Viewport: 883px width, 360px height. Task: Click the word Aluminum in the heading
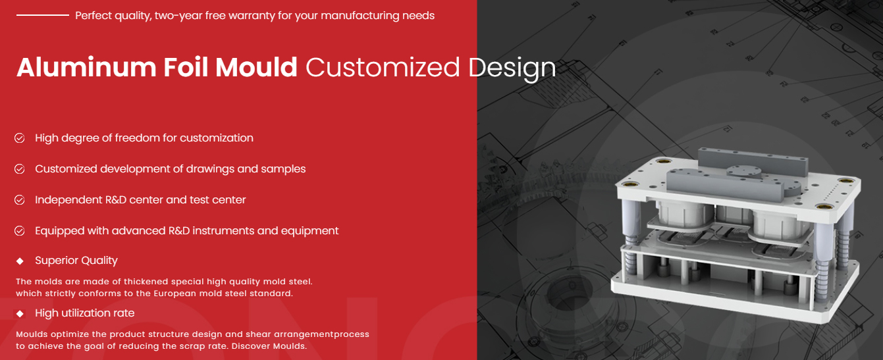pyautogui.click(x=86, y=67)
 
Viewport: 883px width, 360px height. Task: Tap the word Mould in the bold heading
pyautogui.click(x=256, y=67)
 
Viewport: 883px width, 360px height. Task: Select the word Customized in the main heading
pyautogui.click(x=383, y=67)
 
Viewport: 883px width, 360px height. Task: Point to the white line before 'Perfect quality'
pyautogui.click(x=43, y=15)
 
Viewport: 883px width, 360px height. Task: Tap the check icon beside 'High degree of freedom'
pyautogui.click(x=20, y=138)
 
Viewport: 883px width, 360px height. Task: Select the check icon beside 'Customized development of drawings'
pyautogui.click(x=20, y=169)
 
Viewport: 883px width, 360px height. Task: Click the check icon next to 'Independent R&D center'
pyautogui.click(x=20, y=200)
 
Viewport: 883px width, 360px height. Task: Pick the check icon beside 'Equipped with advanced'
pyautogui.click(x=20, y=231)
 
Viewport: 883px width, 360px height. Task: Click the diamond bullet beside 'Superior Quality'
pyautogui.click(x=20, y=261)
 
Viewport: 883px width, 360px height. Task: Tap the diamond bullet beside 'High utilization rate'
pyautogui.click(x=20, y=313)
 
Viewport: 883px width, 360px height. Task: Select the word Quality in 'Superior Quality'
pyautogui.click(x=99, y=261)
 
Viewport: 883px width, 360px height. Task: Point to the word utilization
pyautogui.click(x=86, y=313)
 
